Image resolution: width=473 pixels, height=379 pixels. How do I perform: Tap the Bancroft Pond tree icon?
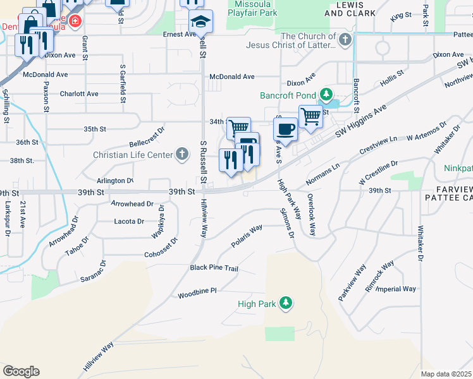(x=326, y=95)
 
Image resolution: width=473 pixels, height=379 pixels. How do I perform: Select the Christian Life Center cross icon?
(x=182, y=154)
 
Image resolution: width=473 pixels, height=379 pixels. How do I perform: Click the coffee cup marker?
(x=285, y=129)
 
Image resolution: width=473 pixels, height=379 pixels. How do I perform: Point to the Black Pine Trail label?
(x=214, y=268)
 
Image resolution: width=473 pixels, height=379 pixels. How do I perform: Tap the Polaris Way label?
(x=247, y=233)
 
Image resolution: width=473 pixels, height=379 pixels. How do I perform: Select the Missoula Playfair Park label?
(x=252, y=7)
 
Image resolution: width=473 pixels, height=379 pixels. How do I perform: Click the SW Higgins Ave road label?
(x=360, y=121)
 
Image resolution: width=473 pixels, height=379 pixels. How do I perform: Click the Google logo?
(x=21, y=371)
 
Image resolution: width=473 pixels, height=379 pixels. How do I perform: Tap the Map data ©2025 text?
(x=446, y=374)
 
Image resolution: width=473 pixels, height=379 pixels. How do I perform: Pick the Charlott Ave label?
(x=79, y=93)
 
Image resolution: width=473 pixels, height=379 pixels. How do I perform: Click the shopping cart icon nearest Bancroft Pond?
(x=310, y=116)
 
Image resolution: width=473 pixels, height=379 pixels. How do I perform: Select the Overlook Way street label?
(x=310, y=215)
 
